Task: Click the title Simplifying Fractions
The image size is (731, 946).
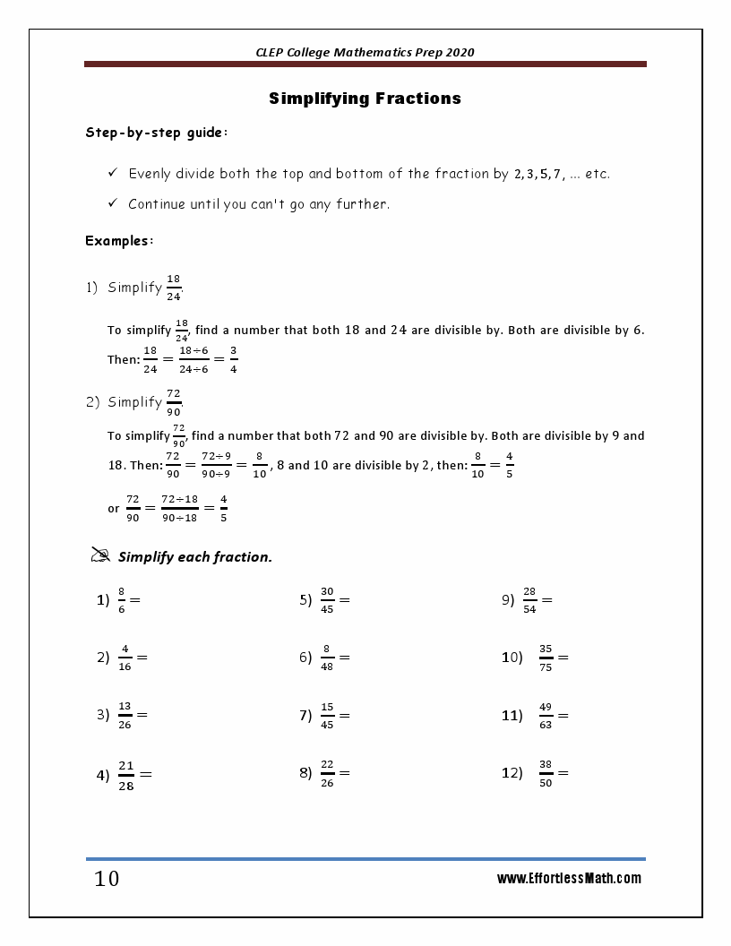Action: (x=365, y=99)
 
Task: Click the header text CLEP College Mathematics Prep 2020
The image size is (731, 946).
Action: (x=365, y=52)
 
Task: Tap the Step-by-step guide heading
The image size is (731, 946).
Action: (x=157, y=133)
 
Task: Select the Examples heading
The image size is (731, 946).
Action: (x=119, y=240)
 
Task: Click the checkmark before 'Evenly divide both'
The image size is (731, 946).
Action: (x=113, y=173)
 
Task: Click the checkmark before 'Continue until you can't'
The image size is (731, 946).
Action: (x=113, y=203)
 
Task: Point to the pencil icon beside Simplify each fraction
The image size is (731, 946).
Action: (x=100, y=555)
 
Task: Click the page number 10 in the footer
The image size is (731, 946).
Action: (x=107, y=879)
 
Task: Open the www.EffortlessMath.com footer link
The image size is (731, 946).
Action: (x=569, y=879)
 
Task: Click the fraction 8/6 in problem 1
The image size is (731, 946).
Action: (x=122, y=600)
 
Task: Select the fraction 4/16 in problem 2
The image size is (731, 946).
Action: (x=125, y=658)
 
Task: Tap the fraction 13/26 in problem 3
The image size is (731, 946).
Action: (x=125, y=715)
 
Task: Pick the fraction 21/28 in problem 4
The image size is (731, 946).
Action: (x=125, y=774)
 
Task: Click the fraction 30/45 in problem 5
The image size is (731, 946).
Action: (x=327, y=600)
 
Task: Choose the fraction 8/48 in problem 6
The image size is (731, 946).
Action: (x=327, y=658)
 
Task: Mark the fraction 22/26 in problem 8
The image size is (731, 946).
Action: (x=327, y=773)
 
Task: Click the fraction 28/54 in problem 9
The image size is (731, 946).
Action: (x=529, y=600)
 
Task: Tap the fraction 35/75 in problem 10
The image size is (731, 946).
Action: (x=546, y=658)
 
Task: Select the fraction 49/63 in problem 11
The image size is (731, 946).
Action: (x=546, y=715)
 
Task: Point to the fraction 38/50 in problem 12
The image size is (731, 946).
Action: (x=546, y=773)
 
